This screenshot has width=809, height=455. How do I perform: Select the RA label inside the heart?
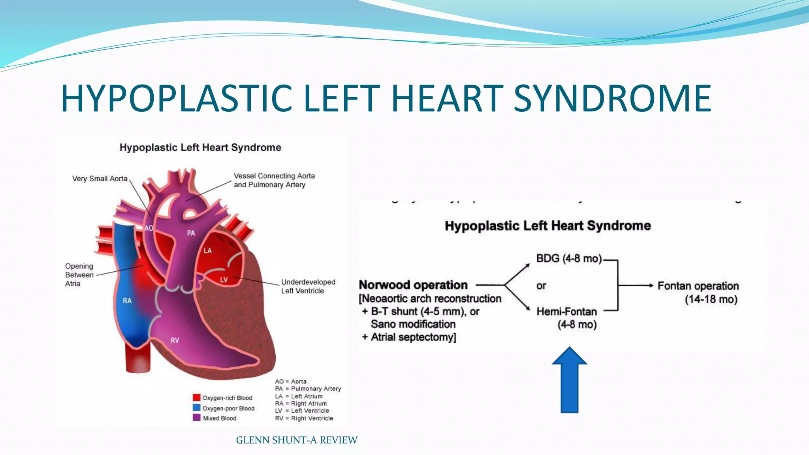pyautogui.click(x=127, y=301)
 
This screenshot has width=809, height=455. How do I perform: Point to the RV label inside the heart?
pyautogui.click(x=175, y=340)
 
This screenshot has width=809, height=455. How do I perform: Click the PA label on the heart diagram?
pyautogui.click(x=191, y=233)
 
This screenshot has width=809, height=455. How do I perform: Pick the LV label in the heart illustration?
pyautogui.click(x=224, y=280)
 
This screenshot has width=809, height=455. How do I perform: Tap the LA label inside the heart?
pyautogui.click(x=207, y=250)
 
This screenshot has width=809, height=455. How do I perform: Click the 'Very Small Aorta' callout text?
pyautogui.click(x=100, y=179)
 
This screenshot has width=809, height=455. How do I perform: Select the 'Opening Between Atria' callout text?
pyautogui.click(x=79, y=275)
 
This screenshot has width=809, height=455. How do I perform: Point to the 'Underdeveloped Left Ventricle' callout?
pyautogui.click(x=308, y=286)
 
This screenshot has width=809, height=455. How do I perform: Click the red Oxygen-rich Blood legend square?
pyautogui.click(x=196, y=397)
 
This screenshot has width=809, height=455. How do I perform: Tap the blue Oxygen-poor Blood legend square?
pyautogui.click(x=196, y=408)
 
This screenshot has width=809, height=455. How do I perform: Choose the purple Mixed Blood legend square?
pyautogui.click(x=196, y=417)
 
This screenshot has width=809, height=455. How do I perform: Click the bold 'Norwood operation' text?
pyautogui.click(x=413, y=285)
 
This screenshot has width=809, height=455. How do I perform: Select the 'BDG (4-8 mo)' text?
pyautogui.click(x=569, y=258)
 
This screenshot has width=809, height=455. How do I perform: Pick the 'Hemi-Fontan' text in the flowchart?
pyautogui.click(x=566, y=312)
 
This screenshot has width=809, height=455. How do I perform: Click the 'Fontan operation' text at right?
pyautogui.click(x=698, y=286)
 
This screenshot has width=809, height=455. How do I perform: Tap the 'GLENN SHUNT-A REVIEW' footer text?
pyautogui.click(x=297, y=440)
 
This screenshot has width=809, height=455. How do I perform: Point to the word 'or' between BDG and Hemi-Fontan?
pyautogui.click(x=541, y=286)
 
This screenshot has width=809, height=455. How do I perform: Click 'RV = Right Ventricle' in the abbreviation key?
pyautogui.click(x=304, y=418)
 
